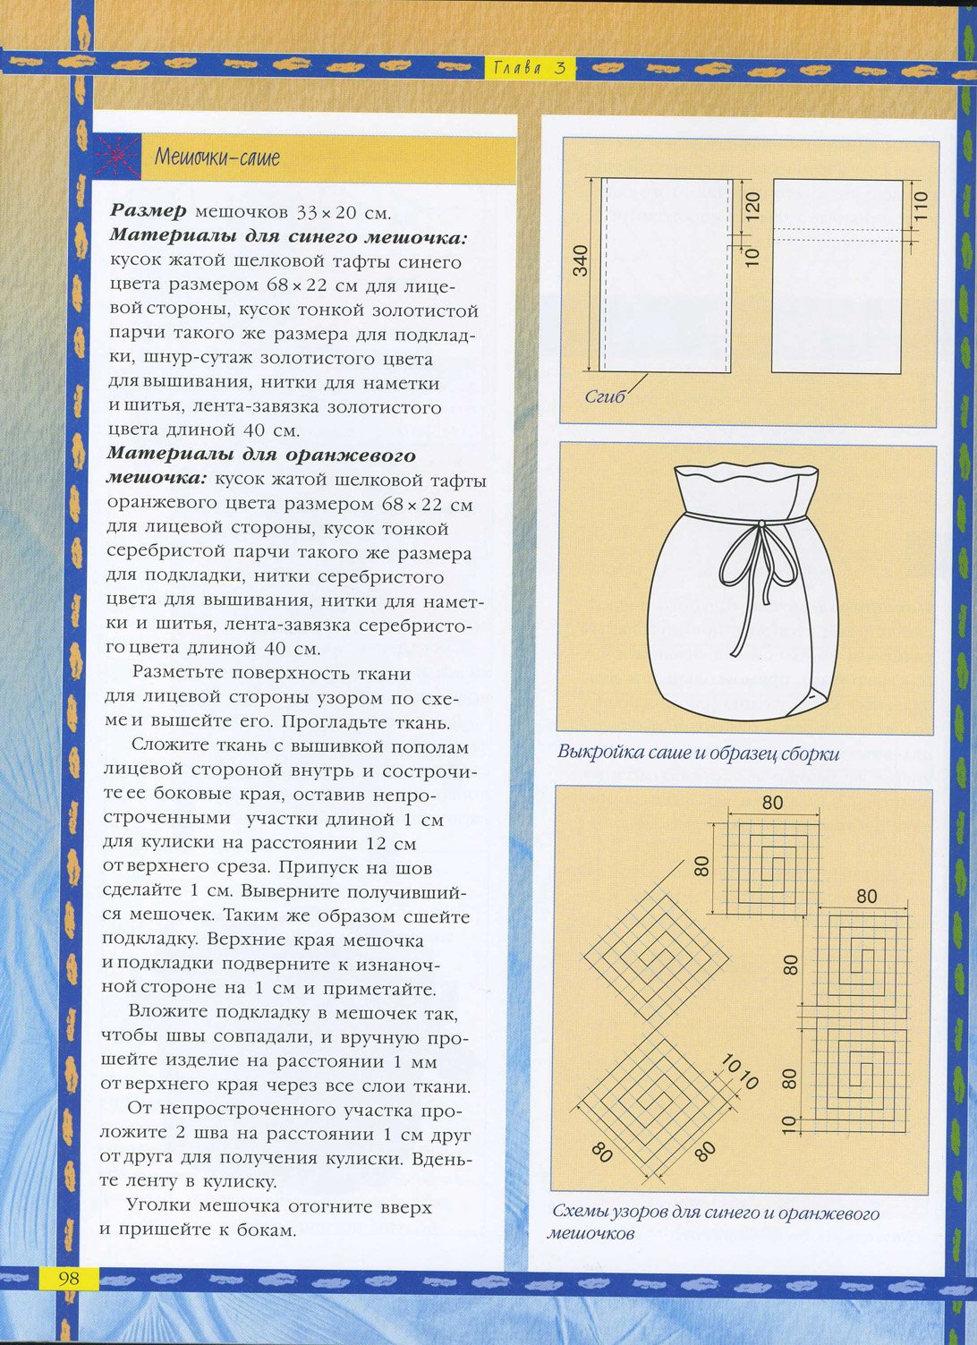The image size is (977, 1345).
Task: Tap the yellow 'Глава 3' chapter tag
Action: pos(530,67)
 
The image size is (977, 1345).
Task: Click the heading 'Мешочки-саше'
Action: pos(217,157)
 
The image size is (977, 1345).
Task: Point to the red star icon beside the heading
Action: pos(116,157)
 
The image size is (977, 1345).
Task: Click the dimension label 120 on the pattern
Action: pos(753,205)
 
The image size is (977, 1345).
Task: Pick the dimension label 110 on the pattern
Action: pos(922,205)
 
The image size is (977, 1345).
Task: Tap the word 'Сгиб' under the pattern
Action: pos(606,396)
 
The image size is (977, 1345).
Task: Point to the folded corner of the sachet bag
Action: pos(815,700)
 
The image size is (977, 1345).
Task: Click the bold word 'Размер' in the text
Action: pos(149,212)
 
